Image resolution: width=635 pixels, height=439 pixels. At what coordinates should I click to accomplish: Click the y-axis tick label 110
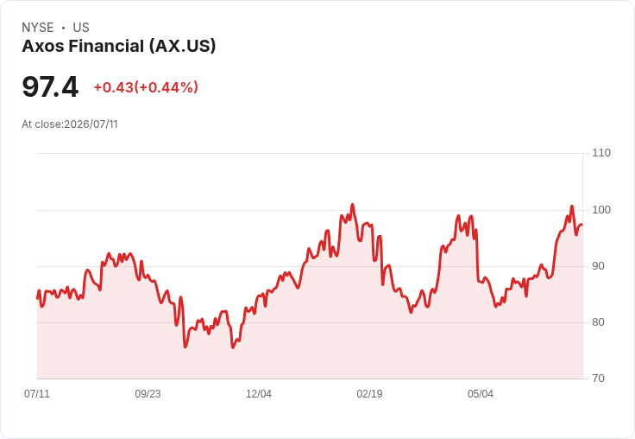point(601,153)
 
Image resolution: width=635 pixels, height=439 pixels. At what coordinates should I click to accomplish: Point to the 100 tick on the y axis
point(601,210)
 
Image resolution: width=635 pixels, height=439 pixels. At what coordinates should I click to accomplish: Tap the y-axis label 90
point(598,266)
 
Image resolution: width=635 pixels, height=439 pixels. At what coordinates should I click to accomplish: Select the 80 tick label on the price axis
point(598,322)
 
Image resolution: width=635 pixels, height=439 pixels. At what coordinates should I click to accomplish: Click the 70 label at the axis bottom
point(598,379)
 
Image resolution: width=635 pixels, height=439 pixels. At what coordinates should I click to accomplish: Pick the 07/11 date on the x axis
point(37,393)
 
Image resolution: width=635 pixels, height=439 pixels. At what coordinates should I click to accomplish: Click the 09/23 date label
point(148,393)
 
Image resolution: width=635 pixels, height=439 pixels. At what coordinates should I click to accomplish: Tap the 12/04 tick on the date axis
point(259,393)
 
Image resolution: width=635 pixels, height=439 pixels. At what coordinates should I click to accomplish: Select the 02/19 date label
point(369,393)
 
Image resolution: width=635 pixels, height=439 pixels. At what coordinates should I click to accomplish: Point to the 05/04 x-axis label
point(481,393)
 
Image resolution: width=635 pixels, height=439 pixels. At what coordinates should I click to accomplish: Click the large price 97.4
point(50,86)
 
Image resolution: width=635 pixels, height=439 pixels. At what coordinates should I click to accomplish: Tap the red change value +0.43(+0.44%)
point(146,87)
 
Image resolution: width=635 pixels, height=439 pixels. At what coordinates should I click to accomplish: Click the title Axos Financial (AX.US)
point(119,47)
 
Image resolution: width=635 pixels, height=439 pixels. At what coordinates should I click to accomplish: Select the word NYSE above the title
point(38,28)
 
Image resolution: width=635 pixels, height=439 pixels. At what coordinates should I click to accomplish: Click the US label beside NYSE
point(81,28)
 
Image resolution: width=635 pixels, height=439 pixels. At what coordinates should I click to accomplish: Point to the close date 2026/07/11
point(91,124)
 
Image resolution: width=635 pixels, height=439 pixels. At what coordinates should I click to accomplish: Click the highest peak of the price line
point(352,204)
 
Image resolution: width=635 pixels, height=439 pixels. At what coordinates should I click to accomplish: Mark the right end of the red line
point(582,225)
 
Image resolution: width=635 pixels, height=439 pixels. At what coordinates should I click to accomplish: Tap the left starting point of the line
point(37,298)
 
